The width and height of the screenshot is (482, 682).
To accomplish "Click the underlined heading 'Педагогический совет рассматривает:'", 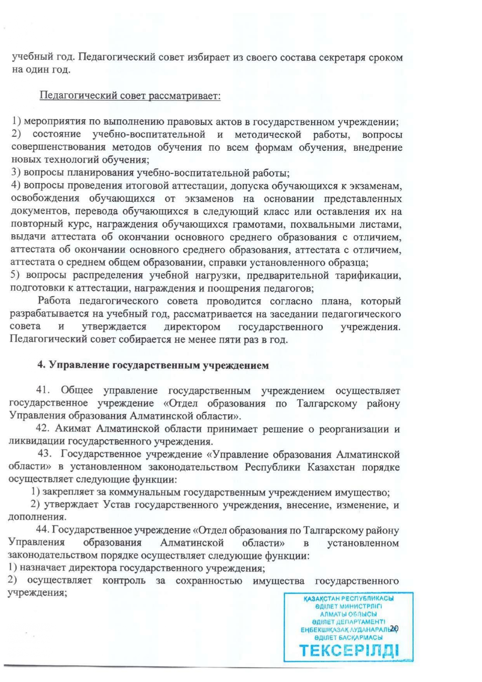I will pyautogui.click(x=130, y=96).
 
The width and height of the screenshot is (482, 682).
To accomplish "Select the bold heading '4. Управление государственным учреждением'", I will pyautogui.click(x=153, y=365).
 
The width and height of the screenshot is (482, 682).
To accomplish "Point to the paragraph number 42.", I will pyautogui.click(x=43, y=429).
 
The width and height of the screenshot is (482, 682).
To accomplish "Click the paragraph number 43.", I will pyautogui.click(x=45, y=454).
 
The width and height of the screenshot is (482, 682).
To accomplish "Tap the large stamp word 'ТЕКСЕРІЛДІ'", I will pyautogui.click(x=349, y=650).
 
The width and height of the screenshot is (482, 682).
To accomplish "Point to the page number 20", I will pyautogui.click(x=394, y=628).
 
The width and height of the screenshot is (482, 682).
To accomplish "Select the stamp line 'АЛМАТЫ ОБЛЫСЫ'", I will pyautogui.click(x=348, y=614).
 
